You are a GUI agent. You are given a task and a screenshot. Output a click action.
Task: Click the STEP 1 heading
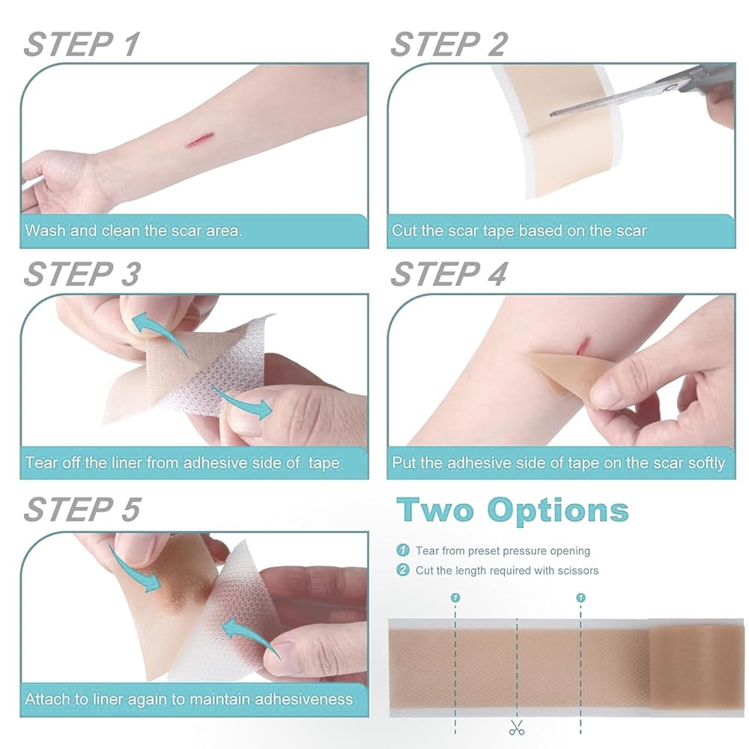tap(82, 44)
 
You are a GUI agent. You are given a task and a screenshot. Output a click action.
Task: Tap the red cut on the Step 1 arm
tap(195, 140)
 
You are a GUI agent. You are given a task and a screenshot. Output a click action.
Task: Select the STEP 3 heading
tap(82, 274)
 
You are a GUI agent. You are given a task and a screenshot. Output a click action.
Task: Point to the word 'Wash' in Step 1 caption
tap(45, 231)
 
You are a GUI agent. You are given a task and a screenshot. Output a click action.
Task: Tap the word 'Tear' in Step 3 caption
tap(41, 462)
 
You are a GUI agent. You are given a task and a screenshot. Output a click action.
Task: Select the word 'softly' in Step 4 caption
tap(706, 463)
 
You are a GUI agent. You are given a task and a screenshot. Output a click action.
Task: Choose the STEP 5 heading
tap(82, 509)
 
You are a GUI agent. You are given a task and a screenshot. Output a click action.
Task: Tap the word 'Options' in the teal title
tap(557, 510)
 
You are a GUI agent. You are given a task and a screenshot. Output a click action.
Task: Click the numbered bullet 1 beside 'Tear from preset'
tap(403, 551)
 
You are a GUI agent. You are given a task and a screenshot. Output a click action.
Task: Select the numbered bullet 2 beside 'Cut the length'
tap(403, 570)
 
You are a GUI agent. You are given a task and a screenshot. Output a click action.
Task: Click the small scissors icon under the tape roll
tap(516, 727)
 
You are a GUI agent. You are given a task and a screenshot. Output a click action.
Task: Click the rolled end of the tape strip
tap(697, 667)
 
